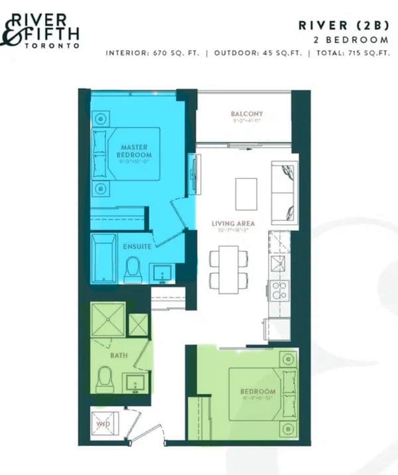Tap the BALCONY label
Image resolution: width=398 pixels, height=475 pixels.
click(247, 114)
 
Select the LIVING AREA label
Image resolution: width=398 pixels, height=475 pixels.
click(233, 224)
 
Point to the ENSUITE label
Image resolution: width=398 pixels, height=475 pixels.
click(137, 246)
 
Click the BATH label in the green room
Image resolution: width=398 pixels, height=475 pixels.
click(119, 356)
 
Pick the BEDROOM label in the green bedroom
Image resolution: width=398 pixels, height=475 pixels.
click(257, 391)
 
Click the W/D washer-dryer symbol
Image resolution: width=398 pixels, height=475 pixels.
click(103, 422)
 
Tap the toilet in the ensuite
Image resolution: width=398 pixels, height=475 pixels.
click(133, 271)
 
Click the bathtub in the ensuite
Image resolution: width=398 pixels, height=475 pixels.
click(104, 258)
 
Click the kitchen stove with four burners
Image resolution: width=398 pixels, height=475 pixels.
click(278, 290)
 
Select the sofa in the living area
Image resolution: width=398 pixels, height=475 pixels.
click(285, 192)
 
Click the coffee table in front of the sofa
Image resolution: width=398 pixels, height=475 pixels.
click(247, 192)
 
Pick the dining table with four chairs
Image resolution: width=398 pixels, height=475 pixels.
click(229, 268)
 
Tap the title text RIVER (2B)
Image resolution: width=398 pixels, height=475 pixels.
click(342, 26)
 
